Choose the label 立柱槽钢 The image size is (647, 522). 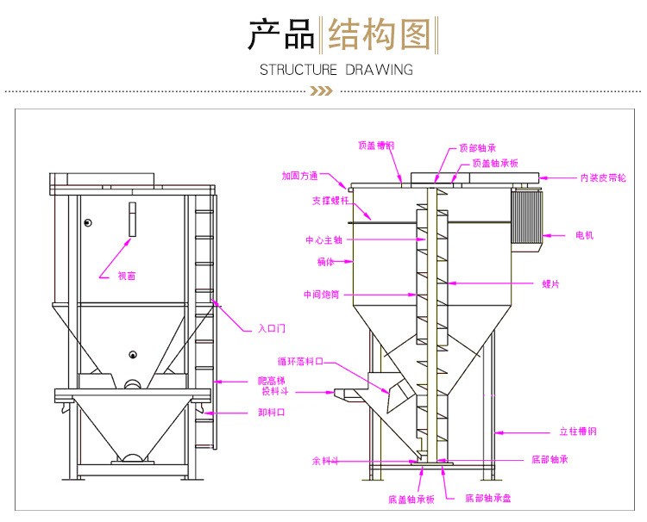(578, 431)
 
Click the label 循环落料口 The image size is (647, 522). (299, 362)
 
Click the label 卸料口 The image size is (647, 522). (271, 413)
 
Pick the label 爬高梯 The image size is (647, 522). (271, 380)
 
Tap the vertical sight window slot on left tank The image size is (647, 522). (132, 220)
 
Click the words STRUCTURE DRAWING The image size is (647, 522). (336, 69)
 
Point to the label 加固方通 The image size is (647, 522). (299, 176)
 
